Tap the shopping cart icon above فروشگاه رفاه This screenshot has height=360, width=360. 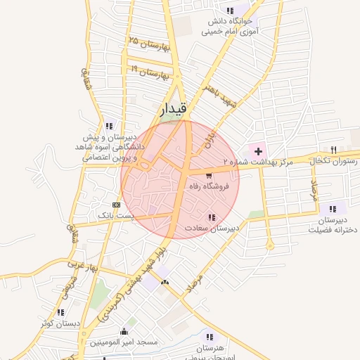tap(209, 175)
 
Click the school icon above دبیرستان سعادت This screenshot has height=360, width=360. tap(212, 217)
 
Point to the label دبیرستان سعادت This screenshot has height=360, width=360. tap(212, 228)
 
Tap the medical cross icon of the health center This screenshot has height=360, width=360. tap(257, 150)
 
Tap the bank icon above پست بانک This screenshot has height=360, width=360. tap(117, 204)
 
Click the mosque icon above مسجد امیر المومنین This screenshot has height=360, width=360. tap(125, 331)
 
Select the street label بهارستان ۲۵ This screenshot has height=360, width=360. tap(148, 43)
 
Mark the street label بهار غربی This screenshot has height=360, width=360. tap(81, 266)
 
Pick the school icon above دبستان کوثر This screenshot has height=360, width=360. tap(60, 312)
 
